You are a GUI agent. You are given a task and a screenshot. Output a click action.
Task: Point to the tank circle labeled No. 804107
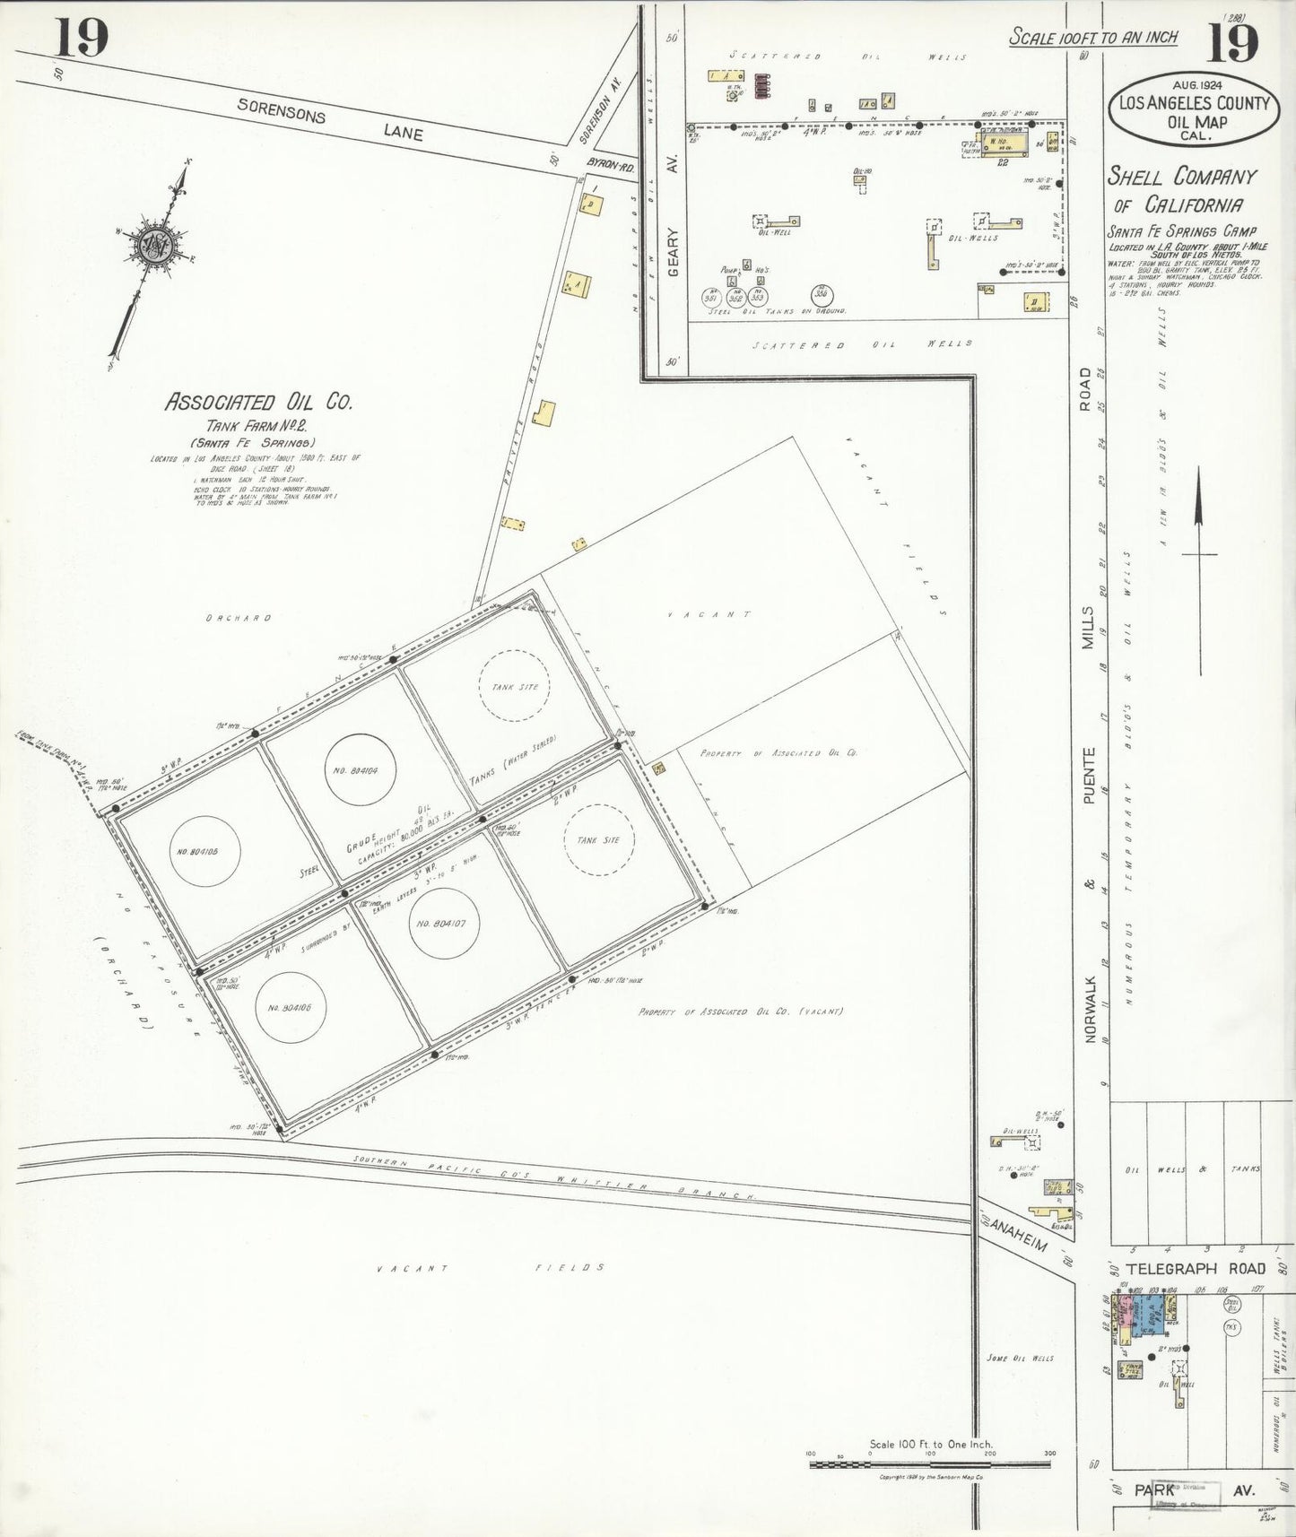[x=444, y=923]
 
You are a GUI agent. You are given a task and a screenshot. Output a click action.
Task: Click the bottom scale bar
[x=929, y=1464]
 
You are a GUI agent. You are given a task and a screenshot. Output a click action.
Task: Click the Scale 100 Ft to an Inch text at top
[x=1092, y=37]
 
